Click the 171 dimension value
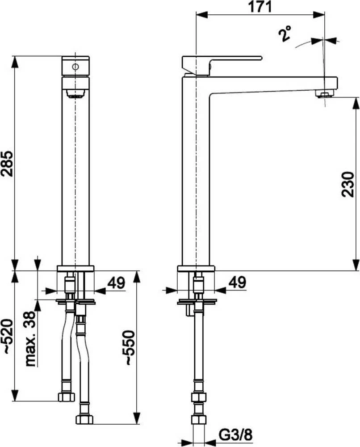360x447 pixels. coord(260,7)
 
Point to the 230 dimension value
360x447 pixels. coord(348,184)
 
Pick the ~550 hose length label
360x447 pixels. coord(129,347)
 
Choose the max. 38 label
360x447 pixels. coord(31,339)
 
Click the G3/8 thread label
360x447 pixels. coord(235,435)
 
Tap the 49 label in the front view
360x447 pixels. coord(116,283)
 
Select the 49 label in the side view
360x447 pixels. coord(237,283)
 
